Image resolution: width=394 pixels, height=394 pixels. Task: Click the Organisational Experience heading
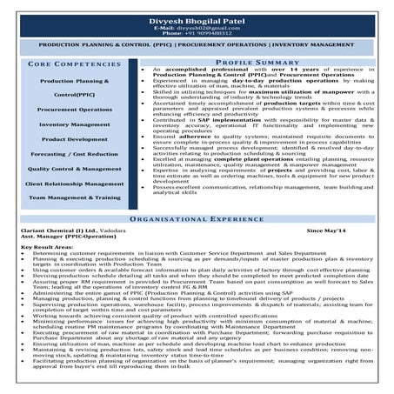[197, 221]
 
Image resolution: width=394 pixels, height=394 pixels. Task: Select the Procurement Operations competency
[75, 110]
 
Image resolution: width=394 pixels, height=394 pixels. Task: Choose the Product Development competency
[75, 138]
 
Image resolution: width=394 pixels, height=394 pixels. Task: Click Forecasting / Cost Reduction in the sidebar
[75, 154]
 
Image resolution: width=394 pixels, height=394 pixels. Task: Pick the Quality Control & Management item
[75, 169]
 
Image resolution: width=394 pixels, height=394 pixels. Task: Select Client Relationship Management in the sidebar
[75, 184]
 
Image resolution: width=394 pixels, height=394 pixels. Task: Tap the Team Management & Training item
[75, 198]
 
